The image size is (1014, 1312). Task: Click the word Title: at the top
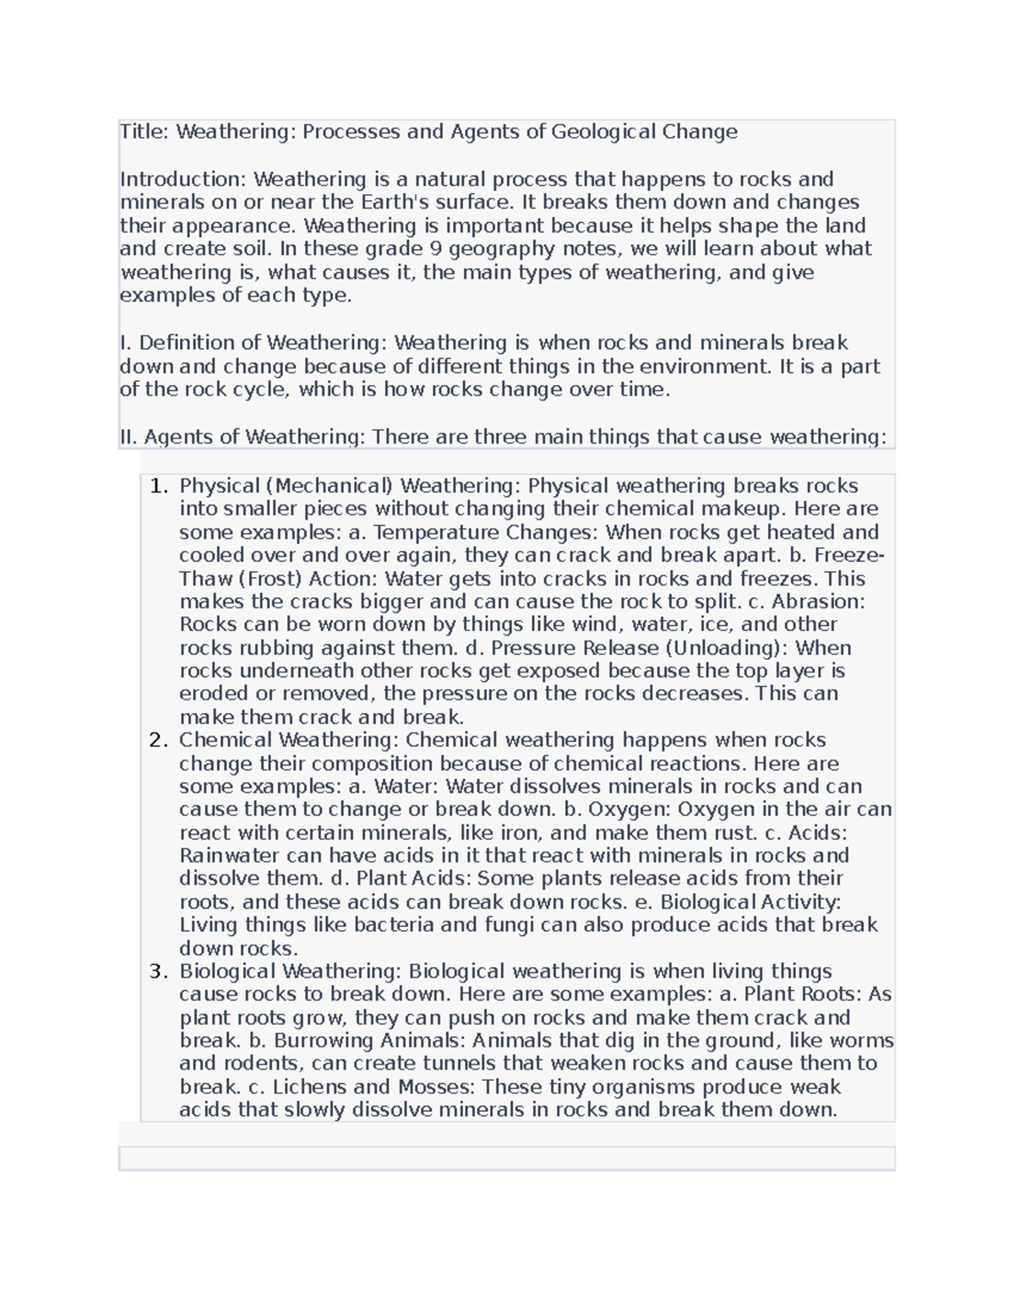click(144, 132)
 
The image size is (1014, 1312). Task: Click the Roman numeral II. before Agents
click(128, 437)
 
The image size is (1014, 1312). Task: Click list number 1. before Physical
click(159, 486)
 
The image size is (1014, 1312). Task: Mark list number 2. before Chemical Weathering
click(159, 740)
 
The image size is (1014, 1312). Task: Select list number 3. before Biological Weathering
click(159, 972)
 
